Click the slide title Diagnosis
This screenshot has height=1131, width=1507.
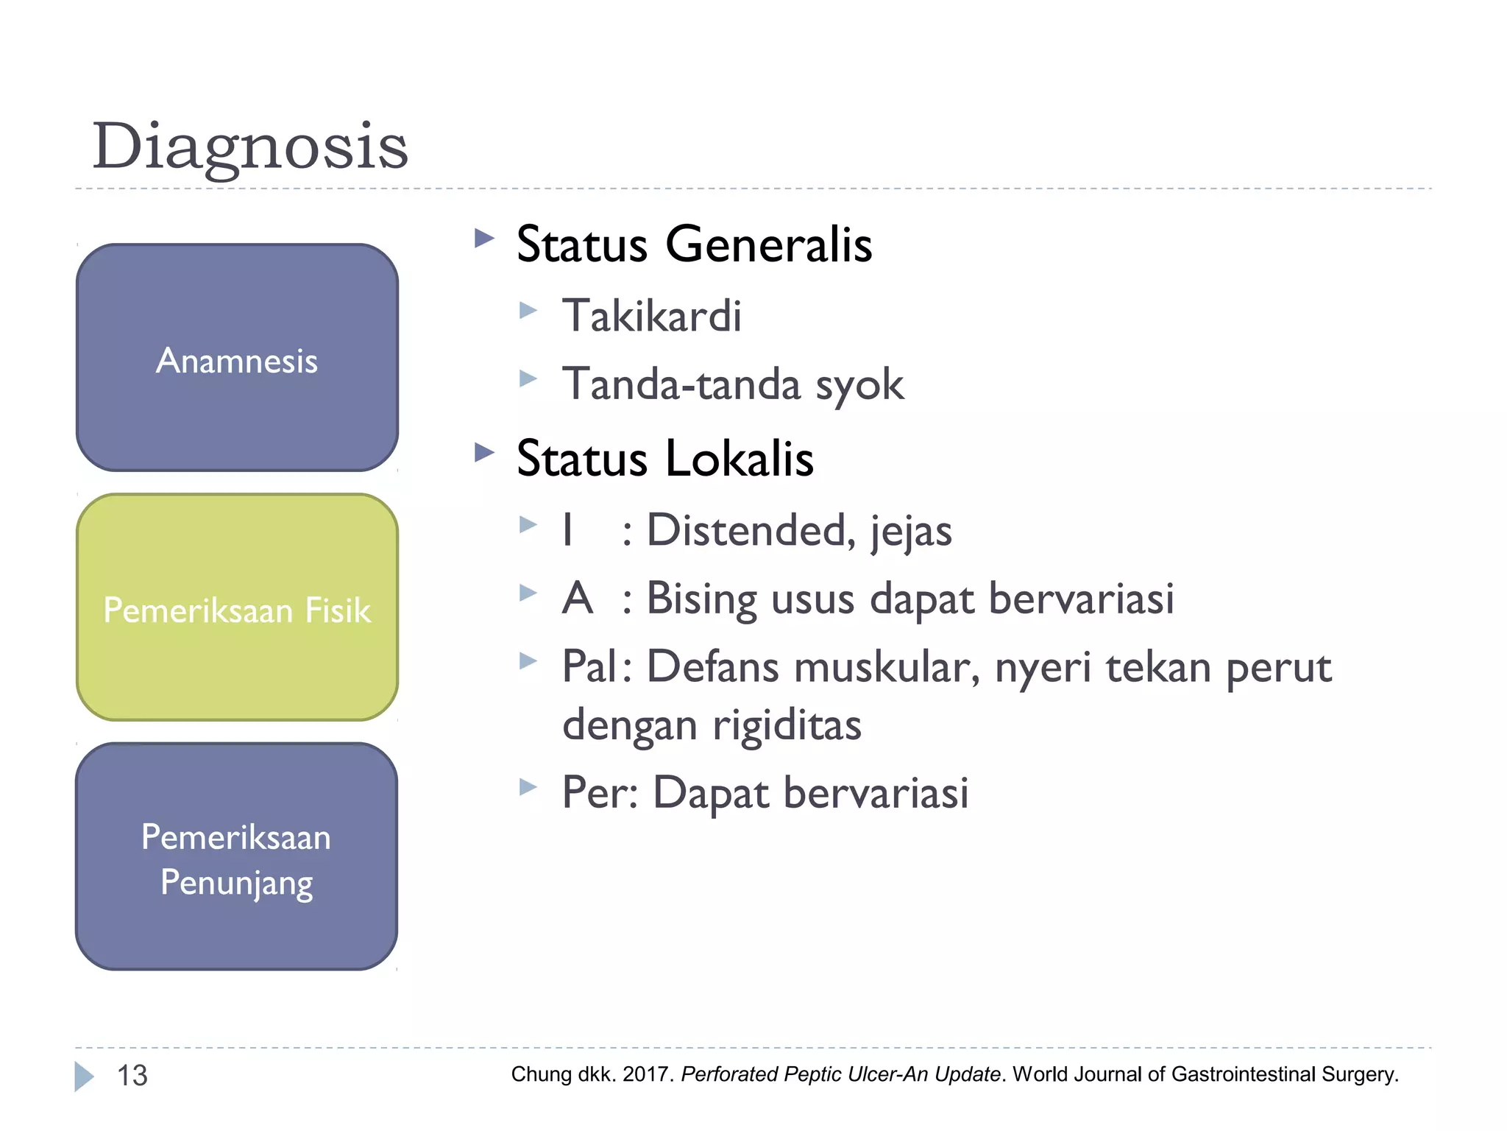click(249, 146)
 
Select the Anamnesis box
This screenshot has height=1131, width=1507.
click(237, 358)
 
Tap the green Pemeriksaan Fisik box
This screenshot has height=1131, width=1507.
click(237, 608)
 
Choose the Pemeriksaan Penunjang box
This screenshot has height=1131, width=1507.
click(237, 856)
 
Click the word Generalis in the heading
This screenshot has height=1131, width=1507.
click(768, 244)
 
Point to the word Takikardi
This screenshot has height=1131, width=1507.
click(651, 316)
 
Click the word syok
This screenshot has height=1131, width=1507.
click(859, 385)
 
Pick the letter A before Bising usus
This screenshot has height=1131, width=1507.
click(578, 598)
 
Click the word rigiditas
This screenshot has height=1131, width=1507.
click(787, 725)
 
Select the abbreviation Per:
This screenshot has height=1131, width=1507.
click(600, 793)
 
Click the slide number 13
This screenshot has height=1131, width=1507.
click(132, 1076)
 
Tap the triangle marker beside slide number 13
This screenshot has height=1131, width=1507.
click(84, 1077)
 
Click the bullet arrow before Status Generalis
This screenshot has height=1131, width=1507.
click(484, 239)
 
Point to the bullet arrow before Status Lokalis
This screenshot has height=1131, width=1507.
click(484, 452)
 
